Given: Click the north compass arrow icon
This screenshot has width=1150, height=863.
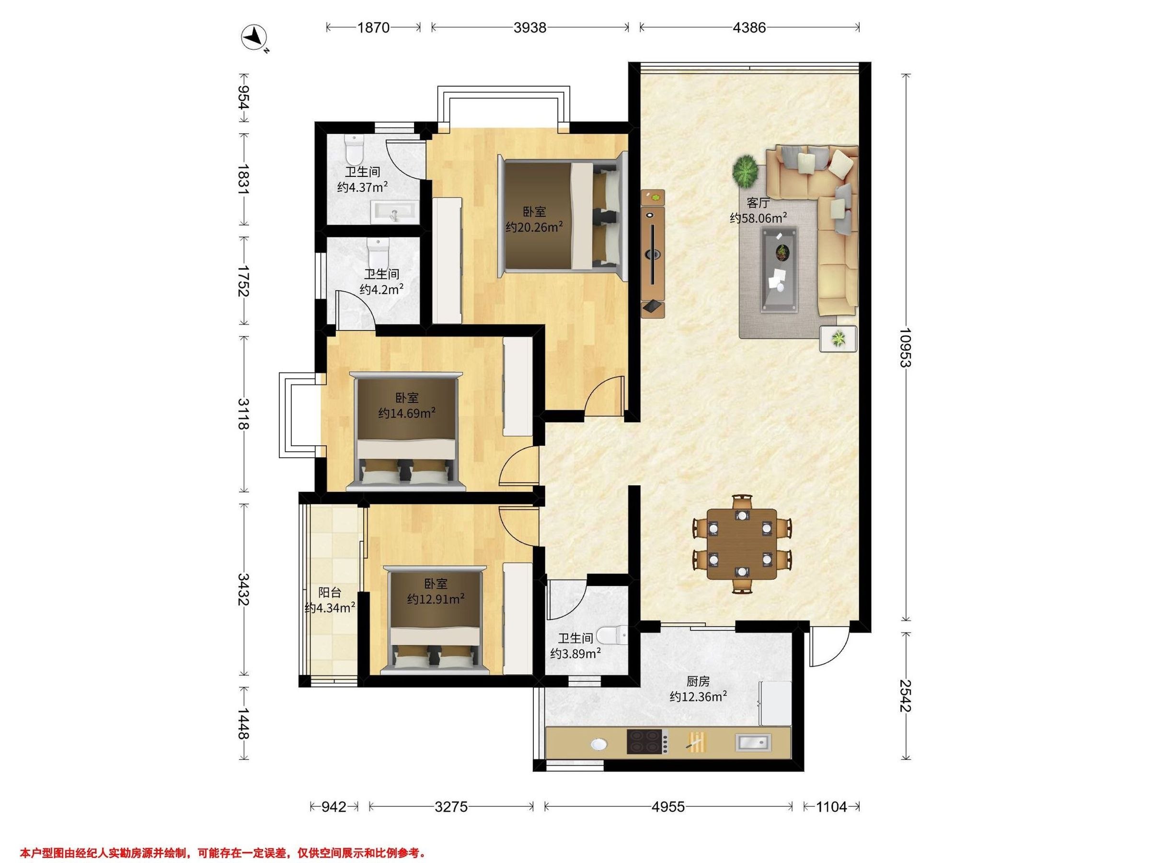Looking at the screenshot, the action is point(254,38).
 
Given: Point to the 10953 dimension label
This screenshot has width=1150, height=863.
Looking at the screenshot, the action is point(906,347).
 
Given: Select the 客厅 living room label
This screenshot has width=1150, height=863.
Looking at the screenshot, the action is point(758,203).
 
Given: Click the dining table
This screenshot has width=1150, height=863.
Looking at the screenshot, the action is point(742,544).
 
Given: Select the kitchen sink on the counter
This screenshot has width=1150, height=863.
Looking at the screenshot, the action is point(753,742).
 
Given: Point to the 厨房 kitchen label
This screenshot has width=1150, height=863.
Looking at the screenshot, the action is point(698,681).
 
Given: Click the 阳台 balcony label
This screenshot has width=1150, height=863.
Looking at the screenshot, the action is point(330,592).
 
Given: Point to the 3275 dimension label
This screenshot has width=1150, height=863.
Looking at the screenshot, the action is point(451,807).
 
